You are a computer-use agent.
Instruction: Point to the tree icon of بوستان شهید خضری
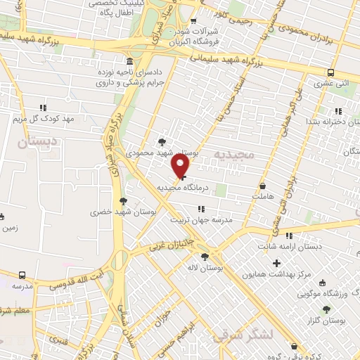coord(124,200)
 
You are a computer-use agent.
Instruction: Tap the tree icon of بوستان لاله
coord(205,257)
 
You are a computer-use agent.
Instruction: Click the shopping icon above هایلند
coord(263,186)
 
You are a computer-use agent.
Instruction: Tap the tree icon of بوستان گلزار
coord(326,309)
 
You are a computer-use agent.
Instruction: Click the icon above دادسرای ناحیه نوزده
coord(127,61)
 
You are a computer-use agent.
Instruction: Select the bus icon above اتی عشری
coord(330,72)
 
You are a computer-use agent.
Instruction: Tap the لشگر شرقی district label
coord(244,336)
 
